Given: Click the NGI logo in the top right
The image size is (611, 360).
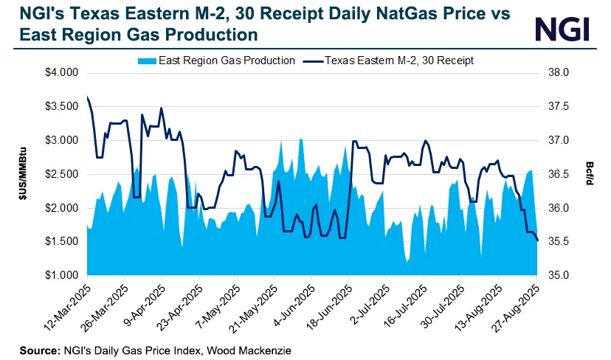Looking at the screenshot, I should (563, 29).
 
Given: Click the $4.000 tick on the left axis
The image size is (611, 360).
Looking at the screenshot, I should (63, 72).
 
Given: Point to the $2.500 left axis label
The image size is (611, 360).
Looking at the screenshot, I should (63, 174).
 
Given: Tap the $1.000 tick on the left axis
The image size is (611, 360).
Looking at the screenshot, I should (63, 275).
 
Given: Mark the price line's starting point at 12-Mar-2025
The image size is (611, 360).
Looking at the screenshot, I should (87, 97).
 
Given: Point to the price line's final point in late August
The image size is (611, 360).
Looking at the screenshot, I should (538, 240).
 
